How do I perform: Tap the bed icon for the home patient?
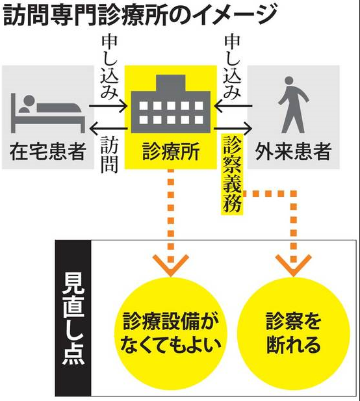click(48, 113)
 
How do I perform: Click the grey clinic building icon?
click(171, 104)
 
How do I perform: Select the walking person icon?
click(294, 105)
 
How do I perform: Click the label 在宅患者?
click(48, 152)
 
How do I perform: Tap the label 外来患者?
click(294, 152)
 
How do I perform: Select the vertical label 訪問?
click(109, 154)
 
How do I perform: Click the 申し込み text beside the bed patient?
click(109, 67)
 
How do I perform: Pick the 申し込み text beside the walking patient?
click(232, 67)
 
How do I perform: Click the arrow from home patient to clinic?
click(108, 106)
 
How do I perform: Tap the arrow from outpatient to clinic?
click(233, 106)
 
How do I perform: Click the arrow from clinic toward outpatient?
click(233, 129)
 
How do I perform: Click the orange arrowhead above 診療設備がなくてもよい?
click(171, 265)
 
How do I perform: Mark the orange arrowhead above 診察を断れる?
click(294, 265)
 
